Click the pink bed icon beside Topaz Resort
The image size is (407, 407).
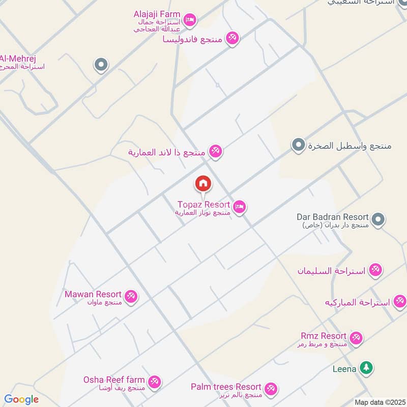click(240, 207)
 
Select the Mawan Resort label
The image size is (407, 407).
click(93, 295)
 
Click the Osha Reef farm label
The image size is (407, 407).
click(114, 380)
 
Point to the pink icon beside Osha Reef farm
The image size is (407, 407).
click(154, 381)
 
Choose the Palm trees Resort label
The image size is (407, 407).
click(226, 387)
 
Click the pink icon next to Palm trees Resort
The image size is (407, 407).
click(271, 389)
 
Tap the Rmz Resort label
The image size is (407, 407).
click(324, 336)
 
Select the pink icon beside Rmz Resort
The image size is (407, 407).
click(356, 337)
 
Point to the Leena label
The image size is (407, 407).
click(344, 369)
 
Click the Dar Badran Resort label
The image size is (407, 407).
click(333, 217)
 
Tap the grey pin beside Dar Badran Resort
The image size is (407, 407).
click(377, 219)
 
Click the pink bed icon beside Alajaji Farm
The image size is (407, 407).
click(190, 20)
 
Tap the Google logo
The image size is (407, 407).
click(21, 399)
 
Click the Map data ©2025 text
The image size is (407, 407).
click(379, 402)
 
